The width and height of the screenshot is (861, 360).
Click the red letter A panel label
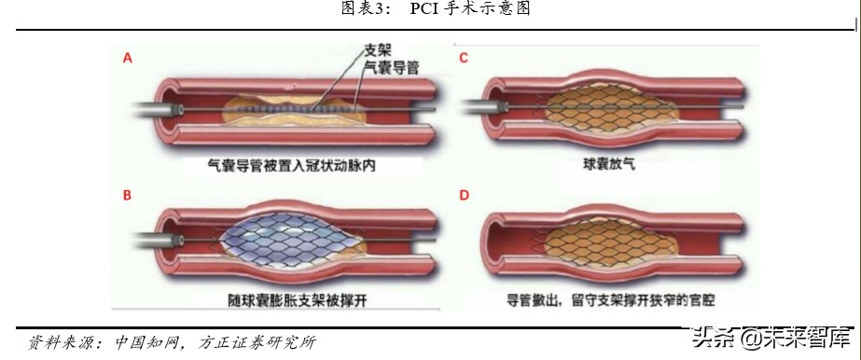128,59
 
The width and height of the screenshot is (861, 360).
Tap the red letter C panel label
463,59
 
